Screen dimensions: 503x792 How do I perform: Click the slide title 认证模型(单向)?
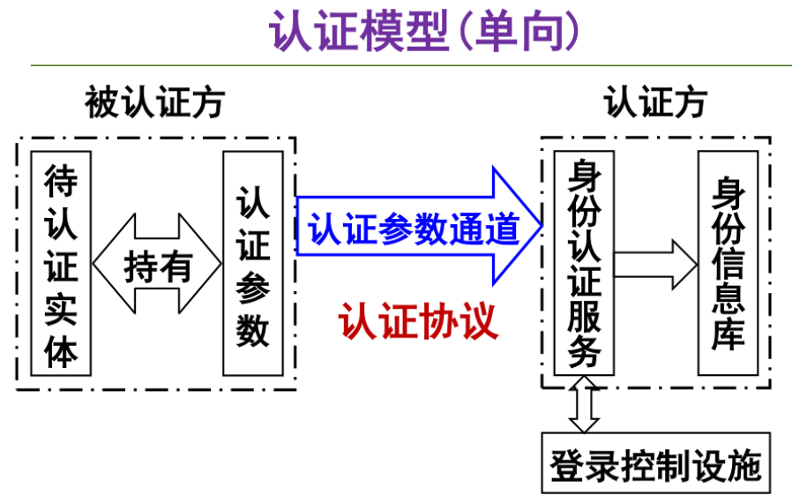424,31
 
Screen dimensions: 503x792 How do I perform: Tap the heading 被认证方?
154,103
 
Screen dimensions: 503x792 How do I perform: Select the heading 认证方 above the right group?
655,103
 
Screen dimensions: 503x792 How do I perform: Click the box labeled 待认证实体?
61,263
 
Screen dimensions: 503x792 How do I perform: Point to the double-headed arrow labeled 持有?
158,264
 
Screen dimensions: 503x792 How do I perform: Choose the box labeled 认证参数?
253,263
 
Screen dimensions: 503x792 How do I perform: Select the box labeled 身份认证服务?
584,262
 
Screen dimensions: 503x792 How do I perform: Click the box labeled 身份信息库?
728,262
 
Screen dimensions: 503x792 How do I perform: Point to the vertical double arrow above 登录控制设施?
584,404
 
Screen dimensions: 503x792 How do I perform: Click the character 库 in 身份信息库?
728,333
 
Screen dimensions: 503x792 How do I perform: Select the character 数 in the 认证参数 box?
253,331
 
